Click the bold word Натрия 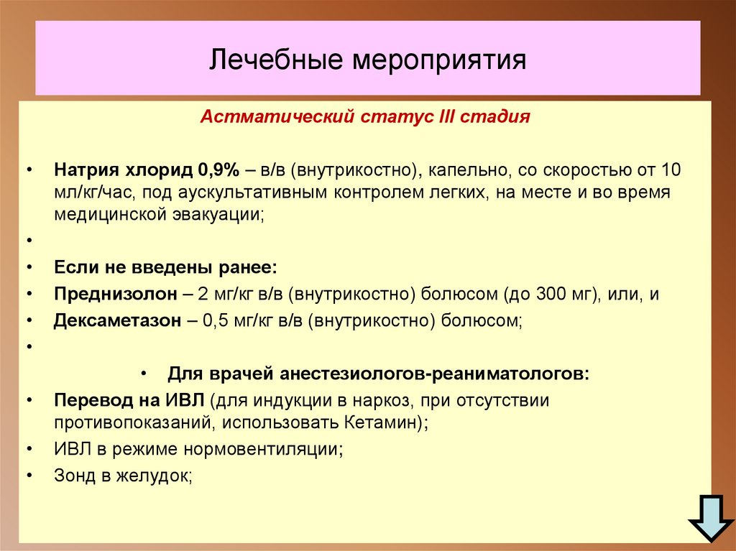pyautogui.click(x=83, y=171)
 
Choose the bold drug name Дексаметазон pyautogui.click(x=116, y=321)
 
